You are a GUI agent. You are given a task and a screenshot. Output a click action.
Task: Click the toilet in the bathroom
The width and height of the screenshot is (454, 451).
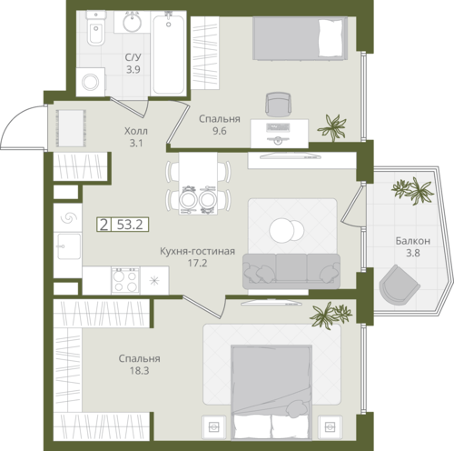pyautogui.click(x=95, y=28)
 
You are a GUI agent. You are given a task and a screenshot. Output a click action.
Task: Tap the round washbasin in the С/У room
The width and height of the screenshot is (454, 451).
pyautogui.click(x=132, y=22)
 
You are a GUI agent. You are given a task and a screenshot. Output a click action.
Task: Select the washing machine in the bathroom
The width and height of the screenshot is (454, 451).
pyautogui.click(x=91, y=82)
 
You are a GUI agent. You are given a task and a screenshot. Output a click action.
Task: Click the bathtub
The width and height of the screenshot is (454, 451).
pyautogui.click(x=168, y=54)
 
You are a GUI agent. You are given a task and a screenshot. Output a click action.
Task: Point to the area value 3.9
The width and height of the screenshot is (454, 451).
pyautogui.click(x=133, y=70)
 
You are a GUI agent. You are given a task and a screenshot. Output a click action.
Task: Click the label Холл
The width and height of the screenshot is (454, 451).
pyautogui.click(x=136, y=131)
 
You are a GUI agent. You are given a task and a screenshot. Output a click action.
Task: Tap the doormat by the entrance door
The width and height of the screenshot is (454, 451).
pyautogui.click(x=71, y=128)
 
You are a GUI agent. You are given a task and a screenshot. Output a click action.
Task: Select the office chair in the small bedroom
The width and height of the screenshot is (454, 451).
pyautogui.click(x=278, y=105)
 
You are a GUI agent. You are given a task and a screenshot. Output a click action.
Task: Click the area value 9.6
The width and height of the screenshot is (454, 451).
pyautogui.click(x=220, y=131)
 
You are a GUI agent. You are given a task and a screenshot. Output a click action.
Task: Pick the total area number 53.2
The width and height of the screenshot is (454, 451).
pyautogui.click(x=130, y=225)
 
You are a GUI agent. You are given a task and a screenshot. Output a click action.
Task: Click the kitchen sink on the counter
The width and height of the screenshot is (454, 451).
pyautogui.click(x=69, y=246)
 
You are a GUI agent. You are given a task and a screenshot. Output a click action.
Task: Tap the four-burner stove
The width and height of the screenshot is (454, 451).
pyautogui.click(x=125, y=280)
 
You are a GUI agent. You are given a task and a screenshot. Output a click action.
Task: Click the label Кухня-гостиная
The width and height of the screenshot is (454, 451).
pyautogui.click(x=197, y=251)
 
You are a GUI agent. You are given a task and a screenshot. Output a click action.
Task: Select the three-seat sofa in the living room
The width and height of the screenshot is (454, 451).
pyautogui.click(x=291, y=271)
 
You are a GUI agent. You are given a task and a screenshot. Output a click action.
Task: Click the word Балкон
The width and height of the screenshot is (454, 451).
pyautogui.click(x=413, y=241)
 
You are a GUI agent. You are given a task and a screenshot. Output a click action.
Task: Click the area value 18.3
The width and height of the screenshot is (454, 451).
pyautogui.click(x=140, y=371)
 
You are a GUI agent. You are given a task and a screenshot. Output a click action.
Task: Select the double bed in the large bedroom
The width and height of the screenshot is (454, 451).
pyautogui.click(x=271, y=392)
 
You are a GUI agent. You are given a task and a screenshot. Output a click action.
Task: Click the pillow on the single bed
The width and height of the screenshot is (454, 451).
pyautogui.click(x=331, y=38)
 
